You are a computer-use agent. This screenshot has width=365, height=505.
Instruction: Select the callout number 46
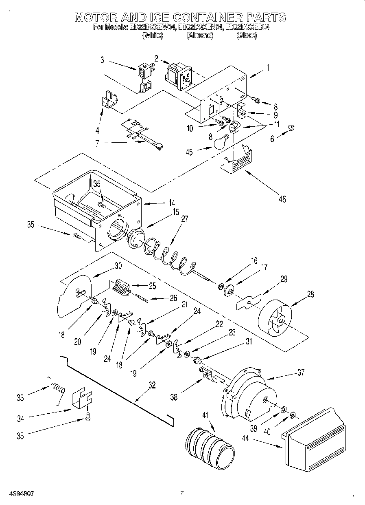282,199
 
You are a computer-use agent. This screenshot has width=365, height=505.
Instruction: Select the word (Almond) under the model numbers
199,35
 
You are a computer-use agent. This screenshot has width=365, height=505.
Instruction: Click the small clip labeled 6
291,128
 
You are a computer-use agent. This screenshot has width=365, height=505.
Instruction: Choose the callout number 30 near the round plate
118,265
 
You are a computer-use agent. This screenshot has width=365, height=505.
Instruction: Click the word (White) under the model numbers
152,35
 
